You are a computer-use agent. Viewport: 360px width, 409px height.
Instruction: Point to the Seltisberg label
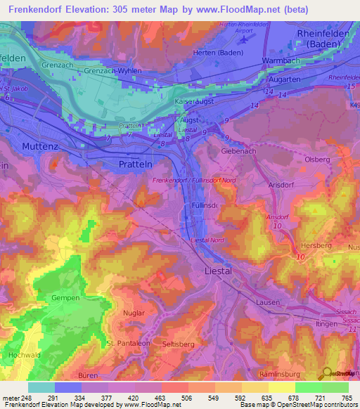178,343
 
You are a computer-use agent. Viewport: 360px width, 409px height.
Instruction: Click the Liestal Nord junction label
209,240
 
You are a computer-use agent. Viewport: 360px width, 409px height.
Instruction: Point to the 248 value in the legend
27,398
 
